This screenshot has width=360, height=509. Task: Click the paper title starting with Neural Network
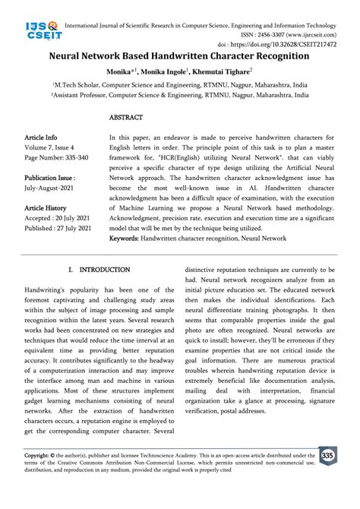click(x=179, y=55)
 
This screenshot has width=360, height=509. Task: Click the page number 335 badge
click(x=327, y=456)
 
